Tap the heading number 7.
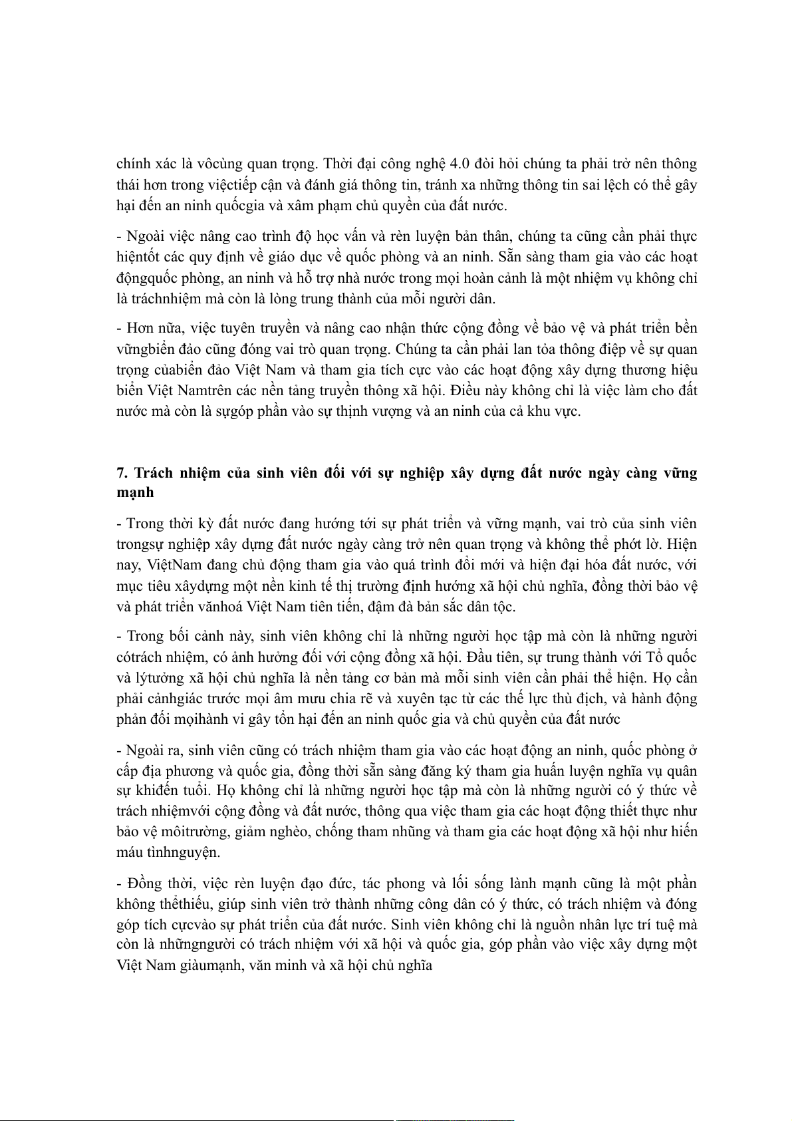pos(122,473)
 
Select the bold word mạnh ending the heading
pos(135,493)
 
